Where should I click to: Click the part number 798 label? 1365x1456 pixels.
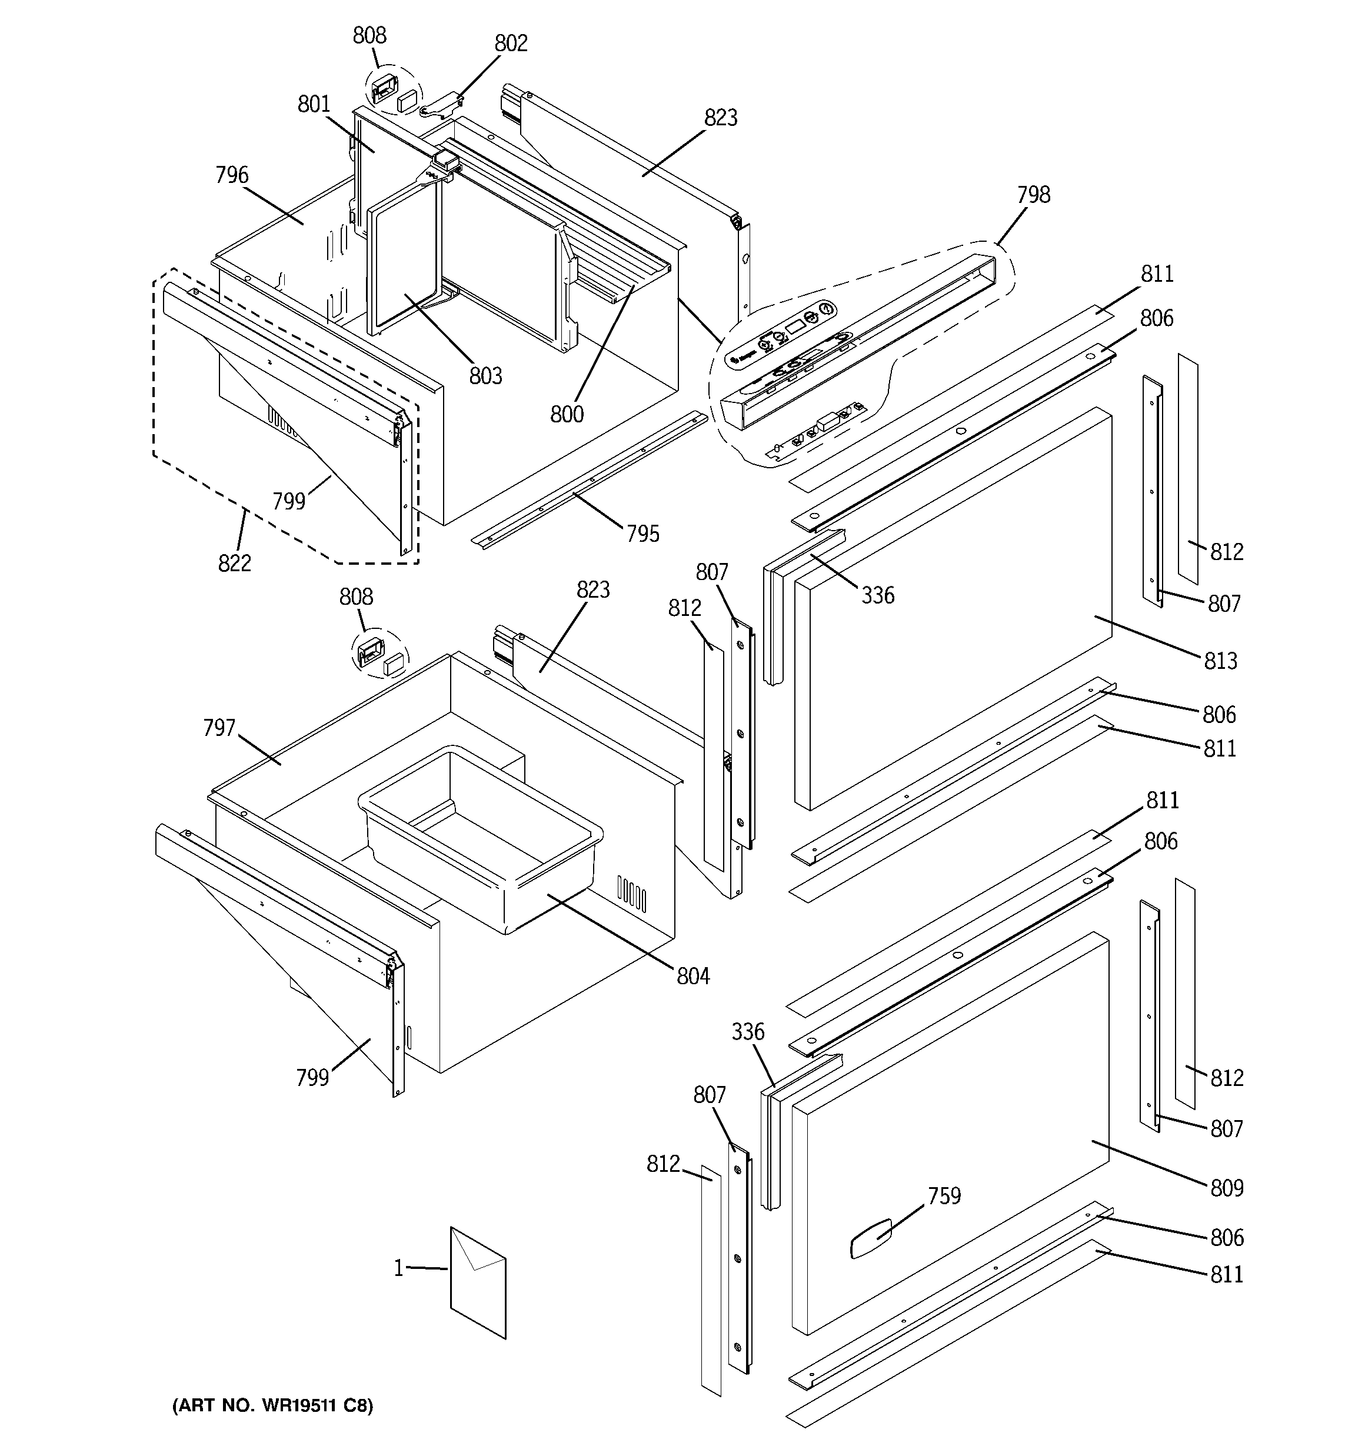(1033, 195)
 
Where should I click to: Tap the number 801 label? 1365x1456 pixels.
(314, 105)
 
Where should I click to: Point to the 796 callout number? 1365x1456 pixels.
(232, 176)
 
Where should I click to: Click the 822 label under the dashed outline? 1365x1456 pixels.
(234, 563)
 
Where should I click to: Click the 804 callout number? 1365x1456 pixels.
(693, 977)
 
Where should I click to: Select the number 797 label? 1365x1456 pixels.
(219, 729)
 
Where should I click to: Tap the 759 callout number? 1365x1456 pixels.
(944, 1196)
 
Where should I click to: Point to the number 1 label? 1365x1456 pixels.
(398, 1268)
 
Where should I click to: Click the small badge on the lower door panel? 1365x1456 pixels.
(870, 1238)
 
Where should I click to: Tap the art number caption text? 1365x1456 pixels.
(272, 1405)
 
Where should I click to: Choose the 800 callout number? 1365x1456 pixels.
(567, 415)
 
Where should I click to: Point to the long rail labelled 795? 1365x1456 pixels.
(586, 484)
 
